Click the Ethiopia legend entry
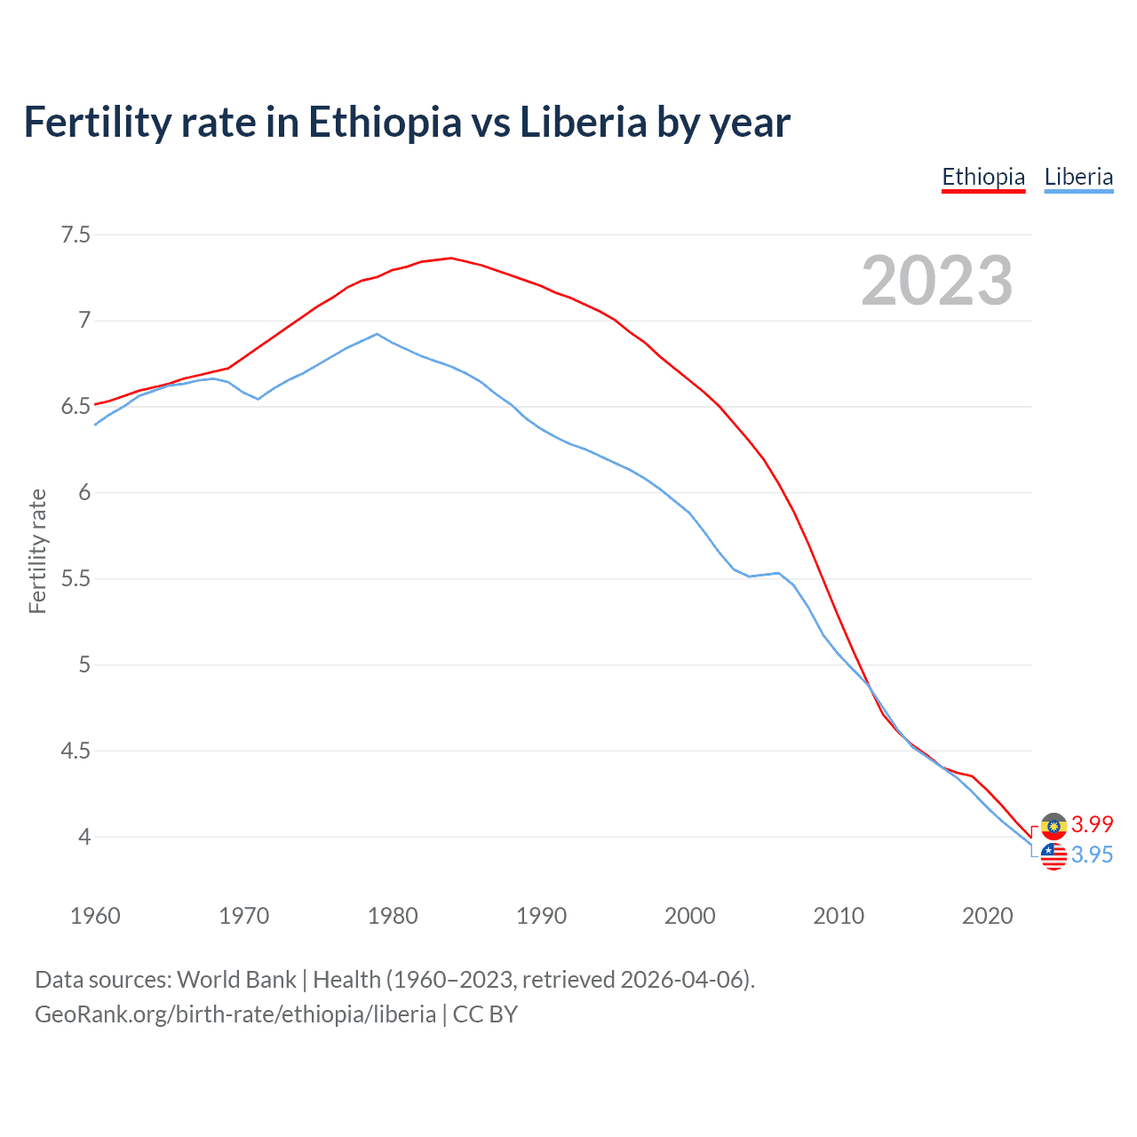tap(983, 177)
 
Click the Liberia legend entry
tap(1078, 177)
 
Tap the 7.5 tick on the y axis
tap(76, 235)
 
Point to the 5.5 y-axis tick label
tap(76, 578)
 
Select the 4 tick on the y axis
tap(83, 837)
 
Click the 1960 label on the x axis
tap(95, 916)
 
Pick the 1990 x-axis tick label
tap(541, 916)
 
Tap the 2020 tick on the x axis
tap(987, 916)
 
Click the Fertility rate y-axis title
tap(37, 551)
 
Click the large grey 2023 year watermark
tap(936, 281)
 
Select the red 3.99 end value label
tap(1092, 824)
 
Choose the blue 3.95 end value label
tap(1092, 855)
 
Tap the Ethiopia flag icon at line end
tap(1054, 826)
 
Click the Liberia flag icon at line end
tap(1054, 856)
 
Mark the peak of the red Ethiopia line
tap(451, 258)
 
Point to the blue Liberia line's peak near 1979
tap(378, 334)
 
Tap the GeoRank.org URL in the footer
tap(235, 1014)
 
